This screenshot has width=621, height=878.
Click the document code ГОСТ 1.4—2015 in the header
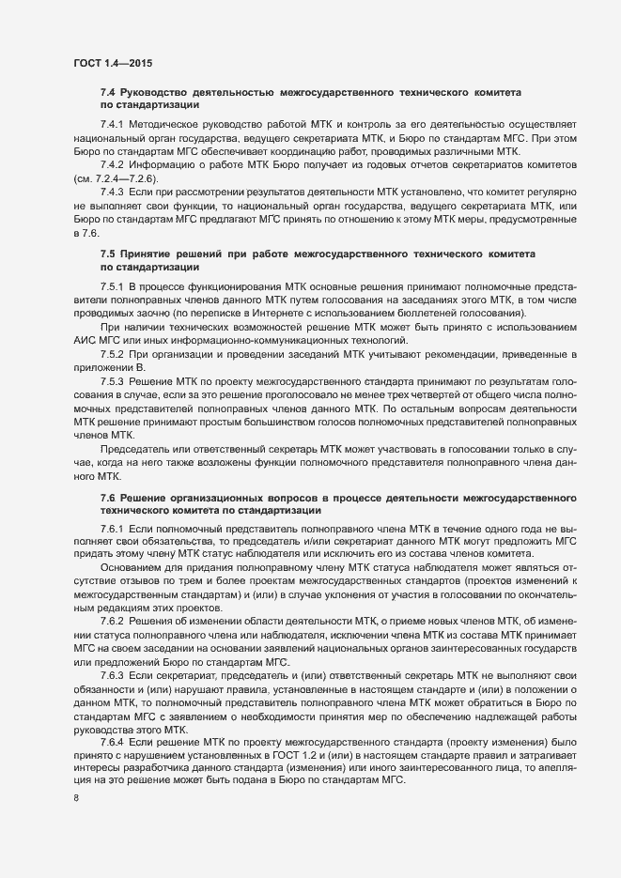(x=113, y=63)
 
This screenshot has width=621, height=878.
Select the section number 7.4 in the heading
(x=108, y=93)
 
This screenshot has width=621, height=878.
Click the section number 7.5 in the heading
(x=108, y=254)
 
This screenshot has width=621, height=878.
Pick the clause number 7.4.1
(x=112, y=125)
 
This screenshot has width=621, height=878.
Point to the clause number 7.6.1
(x=112, y=530)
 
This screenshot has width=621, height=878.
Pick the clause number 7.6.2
(x=112, y=624)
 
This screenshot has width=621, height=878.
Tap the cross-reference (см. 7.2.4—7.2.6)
(x=117, y=178)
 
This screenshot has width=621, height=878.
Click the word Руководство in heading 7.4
(x=153, y=93)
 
